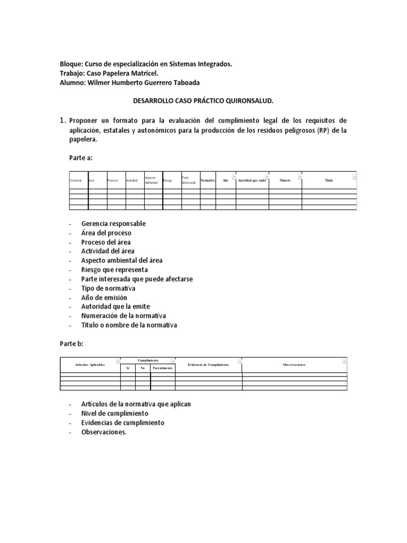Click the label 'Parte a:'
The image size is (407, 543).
tap(82, 158)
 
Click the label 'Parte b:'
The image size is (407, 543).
tap(72, 344)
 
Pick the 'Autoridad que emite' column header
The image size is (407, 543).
tap(252, 181)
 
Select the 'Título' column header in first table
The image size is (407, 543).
tap(329, 181)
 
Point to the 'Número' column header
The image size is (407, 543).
tap(285, 181)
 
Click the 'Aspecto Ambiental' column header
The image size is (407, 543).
tap(153, 181)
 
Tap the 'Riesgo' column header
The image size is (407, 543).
tap(169, 181)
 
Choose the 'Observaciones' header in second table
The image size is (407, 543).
tap(294, 365)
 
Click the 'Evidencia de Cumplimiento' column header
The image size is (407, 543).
tap(208, 365)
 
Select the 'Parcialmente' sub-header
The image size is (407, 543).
tap(163, 367)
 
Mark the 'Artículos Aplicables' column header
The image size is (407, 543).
tap(90, 365)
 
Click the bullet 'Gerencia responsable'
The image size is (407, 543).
tap(113, 224)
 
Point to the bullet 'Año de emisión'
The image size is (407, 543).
tap(104, 298)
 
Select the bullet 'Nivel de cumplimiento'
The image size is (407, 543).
tap(114, 414)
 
